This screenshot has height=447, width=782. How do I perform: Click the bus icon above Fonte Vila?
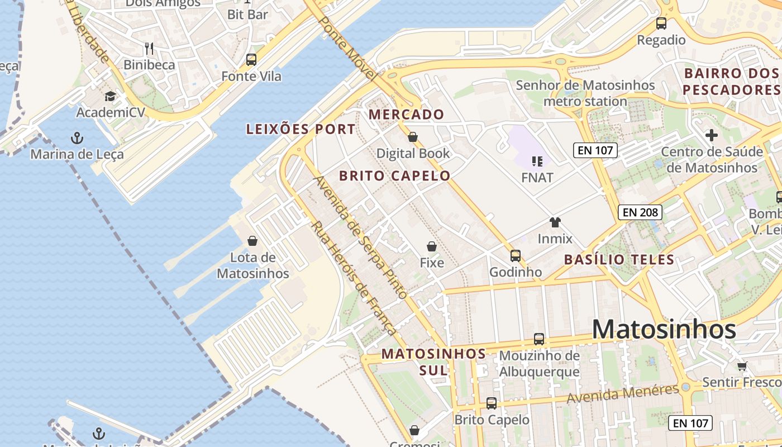pyautogui.click(x=251, y=60)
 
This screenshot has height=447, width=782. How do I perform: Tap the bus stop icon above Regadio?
pyautogui.click(x=661, y=23)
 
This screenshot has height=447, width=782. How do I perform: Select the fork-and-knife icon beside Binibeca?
pyautogui.click(x=149, y=49)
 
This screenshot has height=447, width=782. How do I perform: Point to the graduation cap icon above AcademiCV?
pyautogui.click(x=110, y=97)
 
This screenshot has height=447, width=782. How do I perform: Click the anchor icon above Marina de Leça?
pyautogui.click(x=77, y=137)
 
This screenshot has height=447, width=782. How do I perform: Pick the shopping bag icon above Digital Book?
pyautogui.click(x=413, y=137)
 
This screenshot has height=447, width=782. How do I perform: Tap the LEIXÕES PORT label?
pyautogui.click(x=301, y=130)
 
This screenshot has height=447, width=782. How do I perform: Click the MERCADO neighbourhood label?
pyautogui.click(x=406, y=115)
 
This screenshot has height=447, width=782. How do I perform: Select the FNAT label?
pyautogui.click(x=537, y=178)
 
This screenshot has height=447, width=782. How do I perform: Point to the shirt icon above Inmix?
pyautogui.click(x=555, y=222)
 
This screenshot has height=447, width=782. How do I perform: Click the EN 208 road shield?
pyautogui.click(x=640, y=212)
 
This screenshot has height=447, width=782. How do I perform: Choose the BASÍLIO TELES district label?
pyautogui.click(x=619, y=260)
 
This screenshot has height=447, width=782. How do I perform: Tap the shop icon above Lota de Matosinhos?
pyautogui.click(x=252, y=241)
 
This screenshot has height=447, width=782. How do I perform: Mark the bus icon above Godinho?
pyautogui.click(x=516, y=256)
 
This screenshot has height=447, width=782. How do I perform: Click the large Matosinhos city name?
pyautogui.click(x=664, y=329)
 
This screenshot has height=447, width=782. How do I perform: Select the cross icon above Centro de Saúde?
pyautogui.click(x=711, y=135)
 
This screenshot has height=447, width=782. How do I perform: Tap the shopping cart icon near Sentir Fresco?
pyautogui.click(x=742, y=367)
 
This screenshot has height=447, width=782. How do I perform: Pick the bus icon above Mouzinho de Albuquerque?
pyautogui.click(x=539, y=339)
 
